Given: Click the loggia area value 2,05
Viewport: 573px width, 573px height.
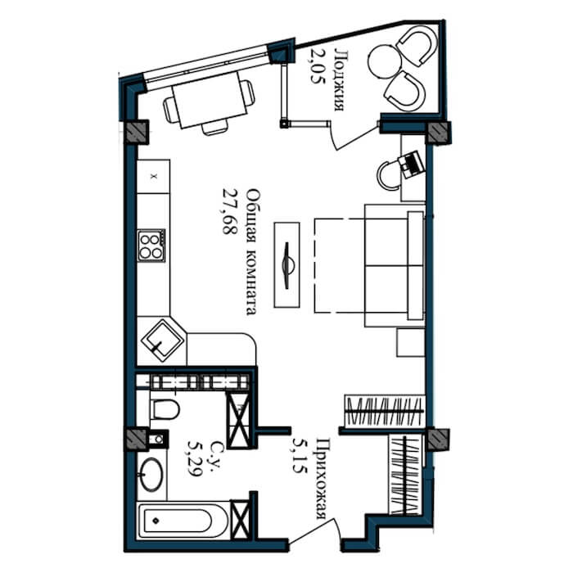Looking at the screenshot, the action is tap(317, 66).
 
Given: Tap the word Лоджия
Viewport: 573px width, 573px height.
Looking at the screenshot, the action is tap(340, 80).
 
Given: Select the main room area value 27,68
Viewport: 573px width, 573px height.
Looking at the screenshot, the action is tap(230, 211).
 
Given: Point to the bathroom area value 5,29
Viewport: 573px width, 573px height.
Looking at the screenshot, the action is tap(195, 458).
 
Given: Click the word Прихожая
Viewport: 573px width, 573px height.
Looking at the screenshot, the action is tap(322, 478).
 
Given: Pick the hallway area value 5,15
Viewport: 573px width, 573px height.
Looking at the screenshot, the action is tap(300, 456).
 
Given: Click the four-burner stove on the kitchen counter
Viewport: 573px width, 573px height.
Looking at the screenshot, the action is tap(151, 246).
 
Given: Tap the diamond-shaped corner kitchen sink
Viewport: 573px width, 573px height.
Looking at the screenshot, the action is tap(162, 341).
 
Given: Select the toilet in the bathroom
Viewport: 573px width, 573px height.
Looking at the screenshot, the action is tap(165, 409).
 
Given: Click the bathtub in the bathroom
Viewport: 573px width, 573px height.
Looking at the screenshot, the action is tap(183, 521).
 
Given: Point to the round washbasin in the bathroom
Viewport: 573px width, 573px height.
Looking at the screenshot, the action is tap(150, 474).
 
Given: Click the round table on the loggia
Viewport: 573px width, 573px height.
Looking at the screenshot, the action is tap(384, 61).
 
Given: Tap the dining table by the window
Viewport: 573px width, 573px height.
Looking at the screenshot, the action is tap(210, 100).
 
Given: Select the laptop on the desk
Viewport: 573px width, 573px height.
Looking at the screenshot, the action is tap(413, 163).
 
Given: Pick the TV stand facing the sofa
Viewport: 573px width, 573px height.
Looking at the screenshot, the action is tap(286, 264).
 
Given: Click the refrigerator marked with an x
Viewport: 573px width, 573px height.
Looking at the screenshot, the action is tap(154, 177).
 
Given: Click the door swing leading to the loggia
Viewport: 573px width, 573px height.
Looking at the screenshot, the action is tap(351, 140).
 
